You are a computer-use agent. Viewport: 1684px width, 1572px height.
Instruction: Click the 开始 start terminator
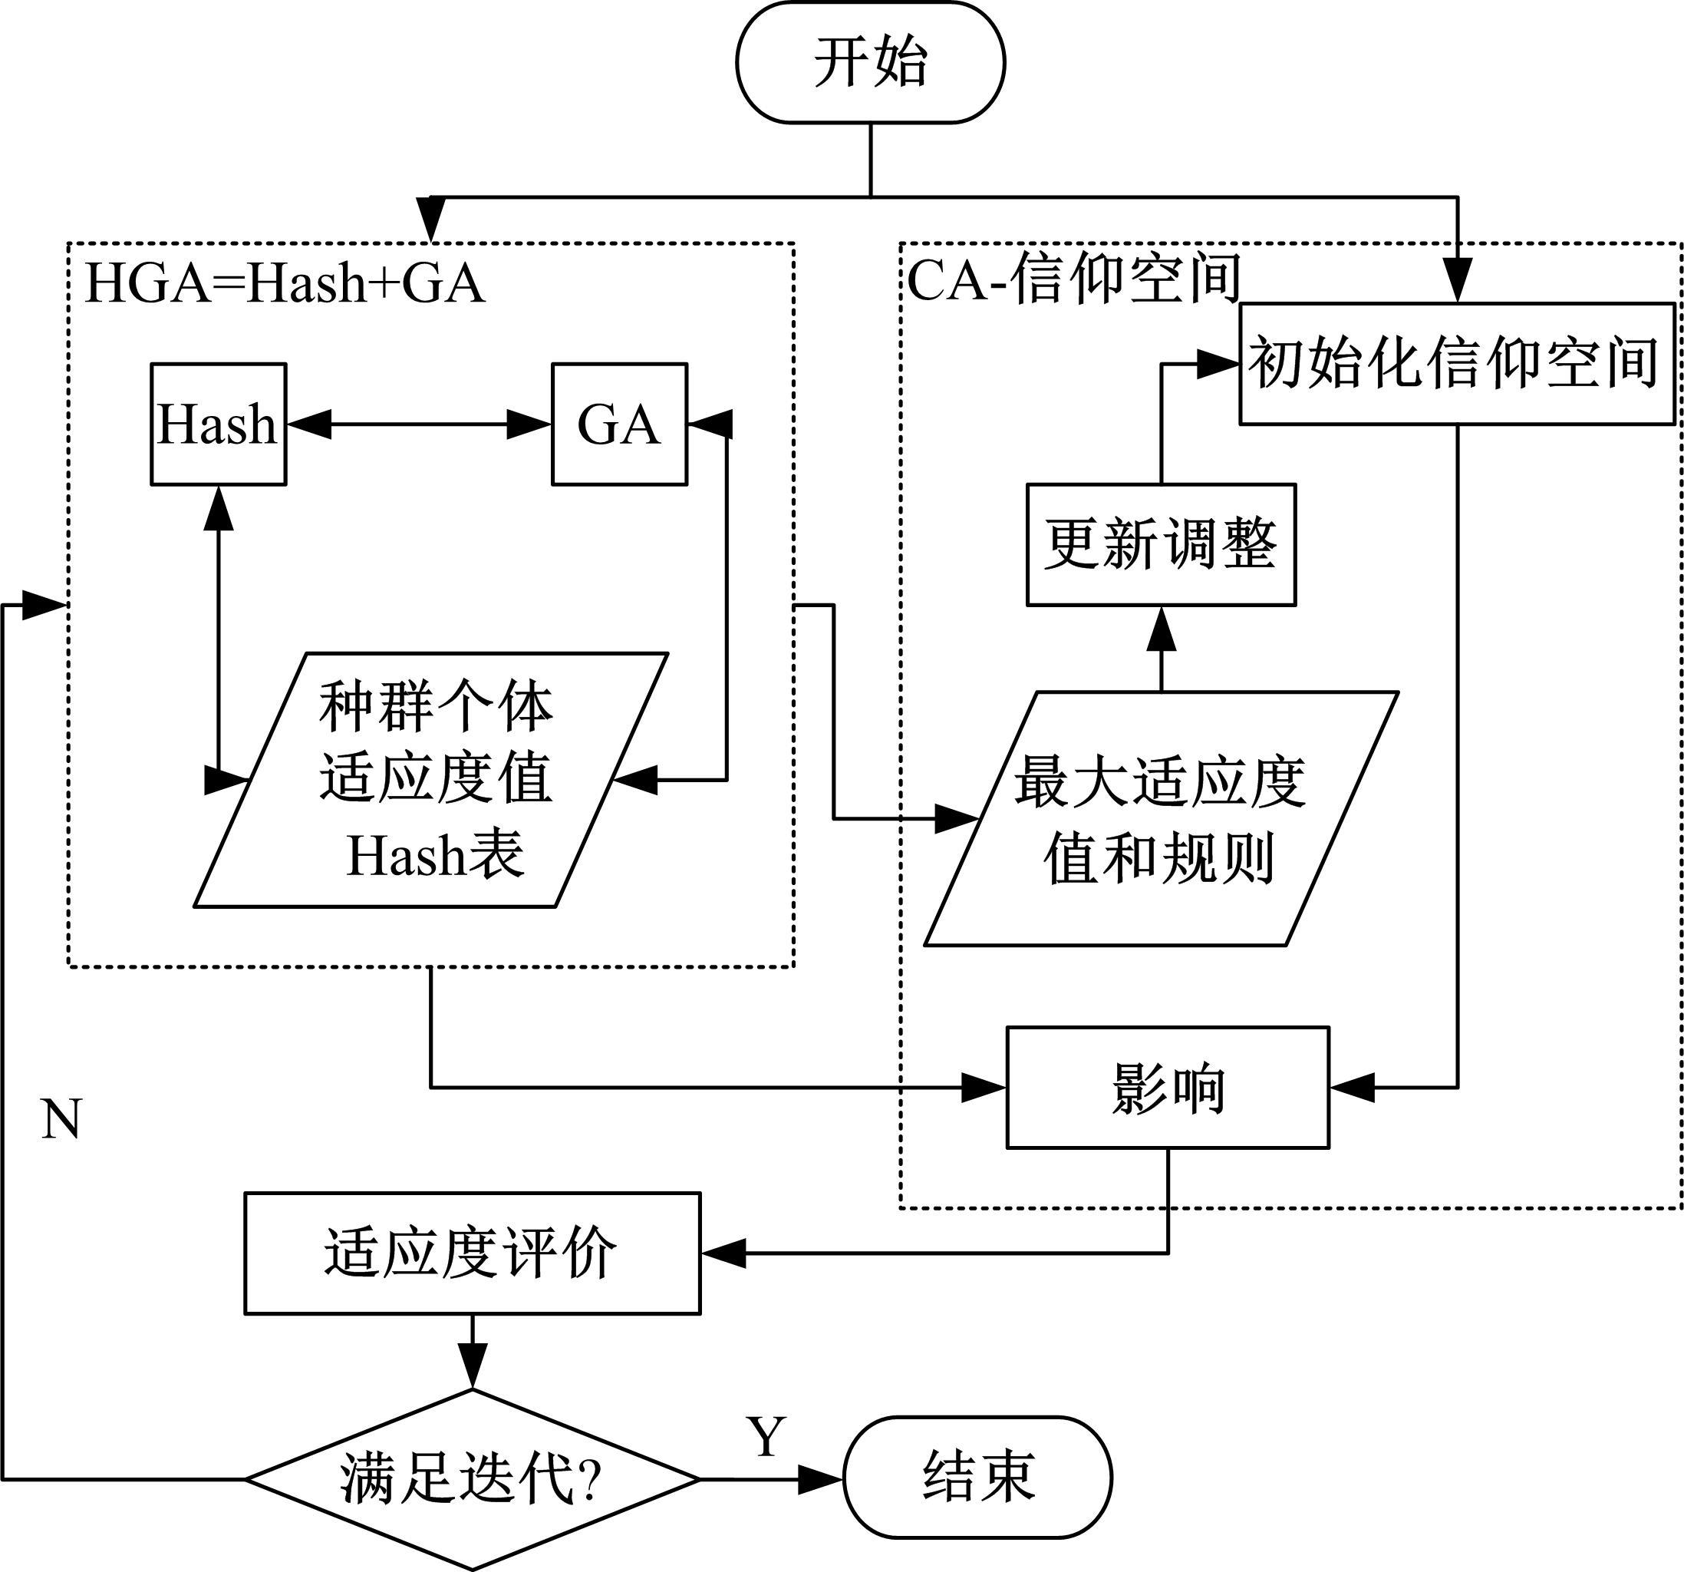coord(870,63)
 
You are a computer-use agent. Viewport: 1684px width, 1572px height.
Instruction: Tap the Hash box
coord(219,424)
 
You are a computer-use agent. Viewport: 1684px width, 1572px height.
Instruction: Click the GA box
coord(619,424)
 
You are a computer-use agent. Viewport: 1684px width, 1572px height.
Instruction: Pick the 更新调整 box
coord(1161,545)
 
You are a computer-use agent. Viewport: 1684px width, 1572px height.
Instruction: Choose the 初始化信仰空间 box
coord(1456,364)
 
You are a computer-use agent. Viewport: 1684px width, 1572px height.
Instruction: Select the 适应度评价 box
coord(472,1253)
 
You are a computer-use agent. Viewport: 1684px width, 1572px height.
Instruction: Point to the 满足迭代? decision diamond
coord(472,1479)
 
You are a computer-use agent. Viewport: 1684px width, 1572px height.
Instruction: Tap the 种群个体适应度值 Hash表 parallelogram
coord(432,780)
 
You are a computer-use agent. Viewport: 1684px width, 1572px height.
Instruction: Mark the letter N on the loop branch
coord(61,1119)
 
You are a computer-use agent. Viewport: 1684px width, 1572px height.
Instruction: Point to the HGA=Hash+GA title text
coord(285,283)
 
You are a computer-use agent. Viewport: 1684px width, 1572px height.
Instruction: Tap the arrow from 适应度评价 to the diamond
coord(472,1351)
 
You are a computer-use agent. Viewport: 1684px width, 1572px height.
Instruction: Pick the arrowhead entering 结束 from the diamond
coord(820,1480)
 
